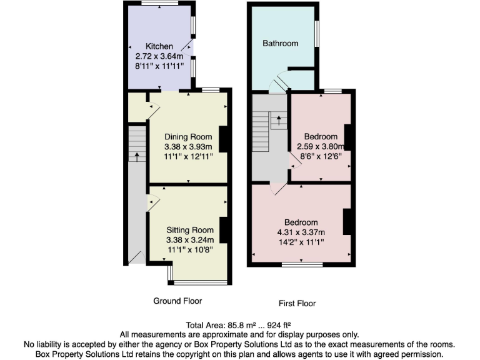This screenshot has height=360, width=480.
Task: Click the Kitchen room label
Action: (x=159, y=47)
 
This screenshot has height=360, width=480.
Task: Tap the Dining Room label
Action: (x=188, y=137)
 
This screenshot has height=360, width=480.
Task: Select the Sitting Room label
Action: (x=190, y=229)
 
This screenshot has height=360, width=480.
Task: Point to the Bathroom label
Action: (x=280, y=44)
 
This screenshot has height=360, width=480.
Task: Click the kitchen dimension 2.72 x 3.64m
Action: (x=159, y=56)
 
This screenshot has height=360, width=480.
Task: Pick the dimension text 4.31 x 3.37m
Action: (x=301, y=232)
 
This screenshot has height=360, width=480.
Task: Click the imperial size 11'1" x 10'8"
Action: (x=190, y=250)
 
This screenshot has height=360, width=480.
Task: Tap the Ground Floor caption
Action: (x=178, y=301)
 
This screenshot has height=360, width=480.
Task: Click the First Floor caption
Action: (x=297, y=304)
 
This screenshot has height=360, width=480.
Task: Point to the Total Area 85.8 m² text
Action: (x=239, y=325)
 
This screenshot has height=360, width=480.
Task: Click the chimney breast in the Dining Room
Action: (x=222, y=138)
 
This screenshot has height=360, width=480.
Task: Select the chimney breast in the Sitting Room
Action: (x=222, y=229)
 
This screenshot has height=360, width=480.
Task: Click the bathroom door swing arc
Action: (x=277, y=84)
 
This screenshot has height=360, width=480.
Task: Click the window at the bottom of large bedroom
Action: (x=302, y=265)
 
